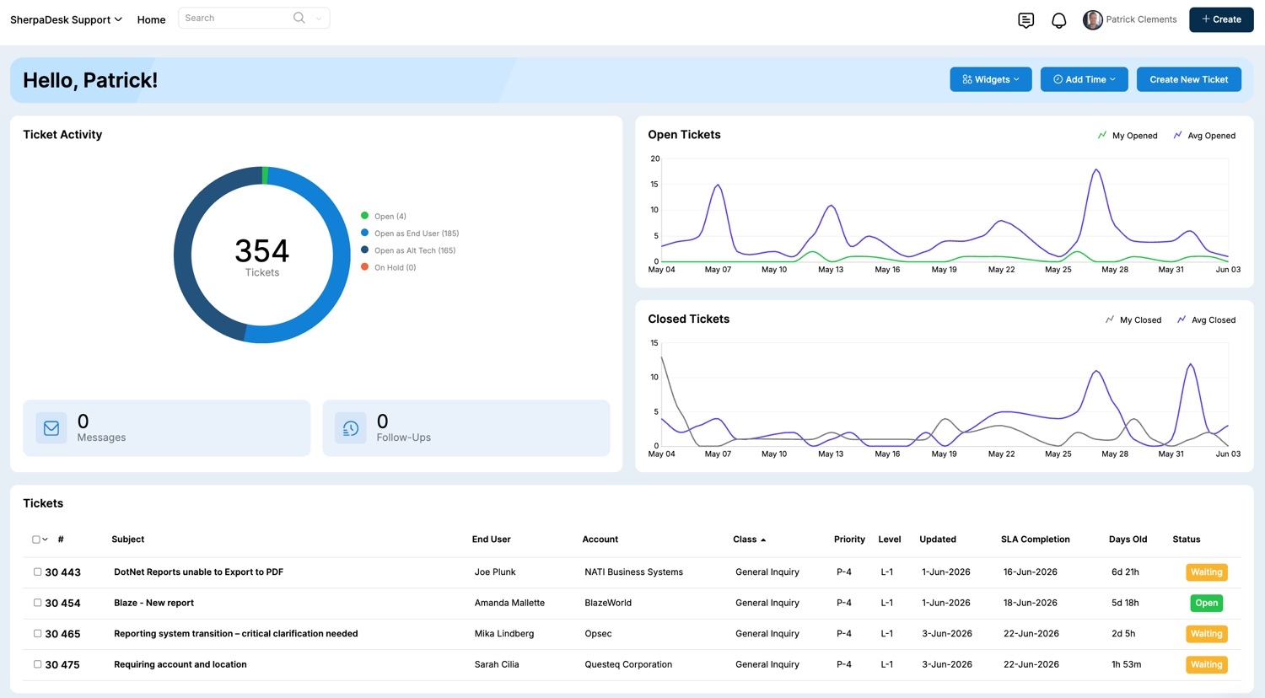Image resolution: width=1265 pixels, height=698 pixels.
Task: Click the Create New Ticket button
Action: click(1189, 79)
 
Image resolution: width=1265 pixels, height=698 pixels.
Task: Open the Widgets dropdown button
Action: click(991, 79)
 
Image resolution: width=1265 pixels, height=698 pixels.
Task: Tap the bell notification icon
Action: click(1059, 20)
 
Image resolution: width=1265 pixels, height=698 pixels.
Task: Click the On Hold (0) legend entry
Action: click(389, 267)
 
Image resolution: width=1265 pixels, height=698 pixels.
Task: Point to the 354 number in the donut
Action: click(262, 250)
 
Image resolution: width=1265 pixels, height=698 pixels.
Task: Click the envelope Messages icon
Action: click(51, 428)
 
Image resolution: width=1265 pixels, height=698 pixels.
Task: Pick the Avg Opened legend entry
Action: click(1204, 136)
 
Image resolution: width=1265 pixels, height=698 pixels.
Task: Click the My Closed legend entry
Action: click(1133, 319)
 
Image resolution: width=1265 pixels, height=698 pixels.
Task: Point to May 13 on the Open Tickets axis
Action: click(831, 270)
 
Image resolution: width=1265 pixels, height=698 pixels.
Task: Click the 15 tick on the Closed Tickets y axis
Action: click(654, 343)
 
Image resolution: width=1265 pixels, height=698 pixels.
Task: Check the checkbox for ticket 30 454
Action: click(37, 603)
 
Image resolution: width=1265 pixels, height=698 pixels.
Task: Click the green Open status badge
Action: click(1206, 603)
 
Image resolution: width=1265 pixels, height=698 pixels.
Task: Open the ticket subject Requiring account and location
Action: click(180, 664)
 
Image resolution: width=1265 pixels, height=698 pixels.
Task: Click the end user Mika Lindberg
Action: click(503, 634)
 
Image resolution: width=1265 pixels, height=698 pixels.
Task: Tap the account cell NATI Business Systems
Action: click(633, 572)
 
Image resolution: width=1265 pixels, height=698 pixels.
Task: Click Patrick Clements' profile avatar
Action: click(1093, 19)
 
